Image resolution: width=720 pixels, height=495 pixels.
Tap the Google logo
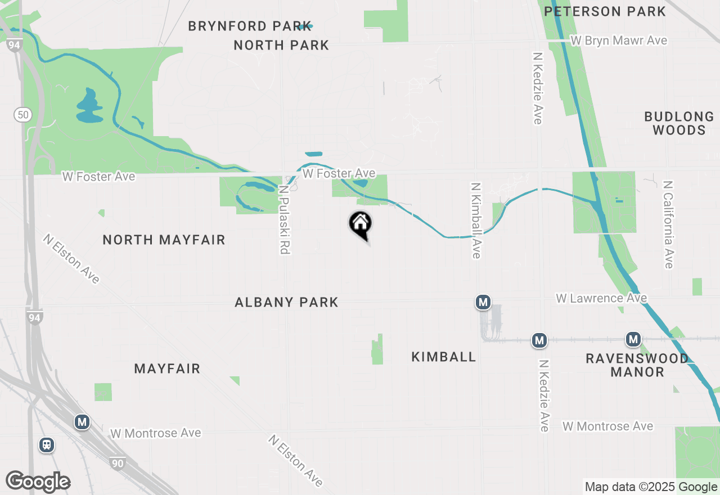pos(38,481)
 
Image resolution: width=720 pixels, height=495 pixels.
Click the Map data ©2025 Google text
pos(651,487)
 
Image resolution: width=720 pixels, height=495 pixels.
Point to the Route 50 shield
pos(22,115)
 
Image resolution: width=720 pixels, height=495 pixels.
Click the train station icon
pos(47,445)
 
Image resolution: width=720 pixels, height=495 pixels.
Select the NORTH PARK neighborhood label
pos(281,45)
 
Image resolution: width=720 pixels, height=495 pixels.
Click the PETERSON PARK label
pos(605,11)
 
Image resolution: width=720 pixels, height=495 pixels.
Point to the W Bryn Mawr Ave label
pos(619,40)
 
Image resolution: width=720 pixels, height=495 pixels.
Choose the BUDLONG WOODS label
pos(679,123)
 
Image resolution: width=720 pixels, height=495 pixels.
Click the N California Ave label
pos(668,224)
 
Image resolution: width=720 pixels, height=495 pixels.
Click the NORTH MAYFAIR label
pos(164,240)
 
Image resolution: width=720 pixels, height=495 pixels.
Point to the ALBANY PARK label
pos(286,302)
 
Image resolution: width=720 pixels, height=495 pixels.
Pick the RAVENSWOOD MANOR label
pos(637,364)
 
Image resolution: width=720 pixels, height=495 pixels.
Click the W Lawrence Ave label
pos(601,298)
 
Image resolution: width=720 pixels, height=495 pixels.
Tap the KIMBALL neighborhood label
pos(444,357)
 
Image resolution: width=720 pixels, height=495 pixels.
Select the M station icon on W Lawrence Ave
pos(483,303)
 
